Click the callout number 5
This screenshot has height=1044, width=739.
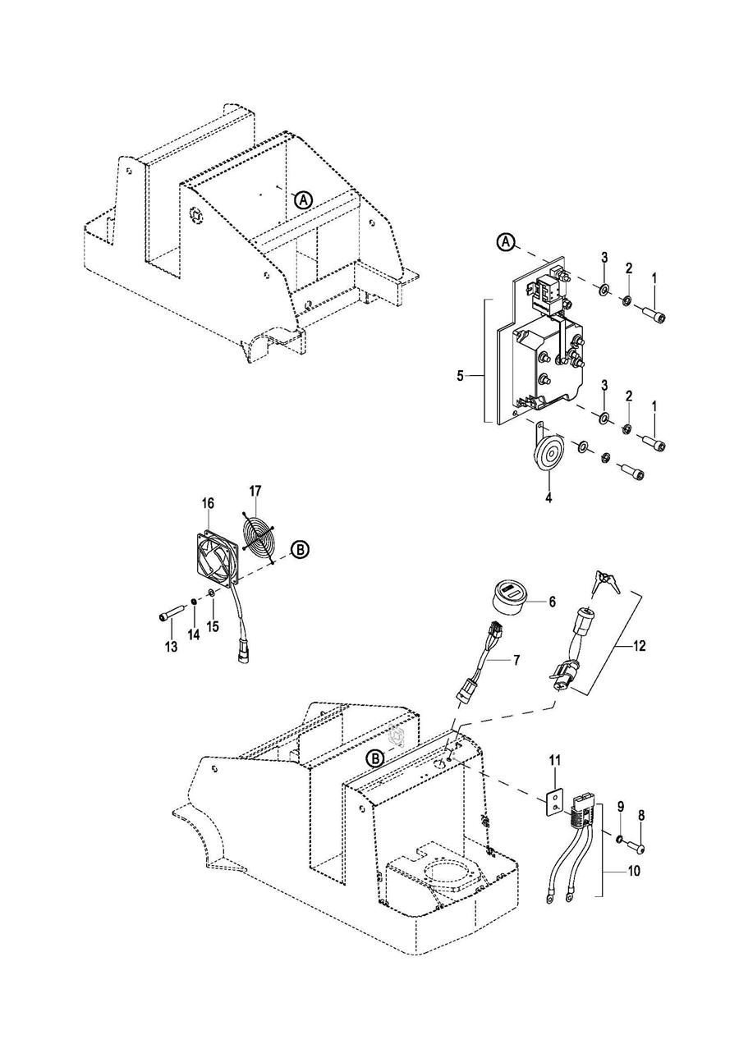click(460, 363)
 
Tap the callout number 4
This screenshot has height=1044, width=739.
click(549, 498)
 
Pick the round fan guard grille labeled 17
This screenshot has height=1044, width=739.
click(257, 535)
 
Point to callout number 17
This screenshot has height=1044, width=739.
click(255, 492)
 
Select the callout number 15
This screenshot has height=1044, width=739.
click(212, 626)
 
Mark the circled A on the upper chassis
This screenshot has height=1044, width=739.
click(303, 200)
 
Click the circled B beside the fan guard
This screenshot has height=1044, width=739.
click(301, 550)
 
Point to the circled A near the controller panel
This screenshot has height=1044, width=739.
click(507, 242)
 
